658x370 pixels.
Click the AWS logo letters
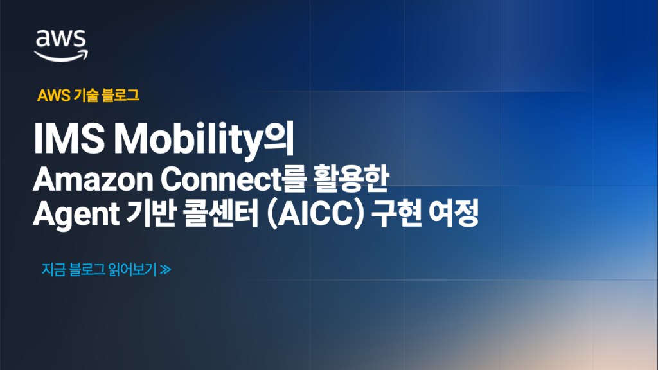click(60, 40)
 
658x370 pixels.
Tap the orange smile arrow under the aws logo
click(61, 55)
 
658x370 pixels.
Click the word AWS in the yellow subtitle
click(49, 96)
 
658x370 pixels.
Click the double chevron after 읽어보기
click(166, 270)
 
